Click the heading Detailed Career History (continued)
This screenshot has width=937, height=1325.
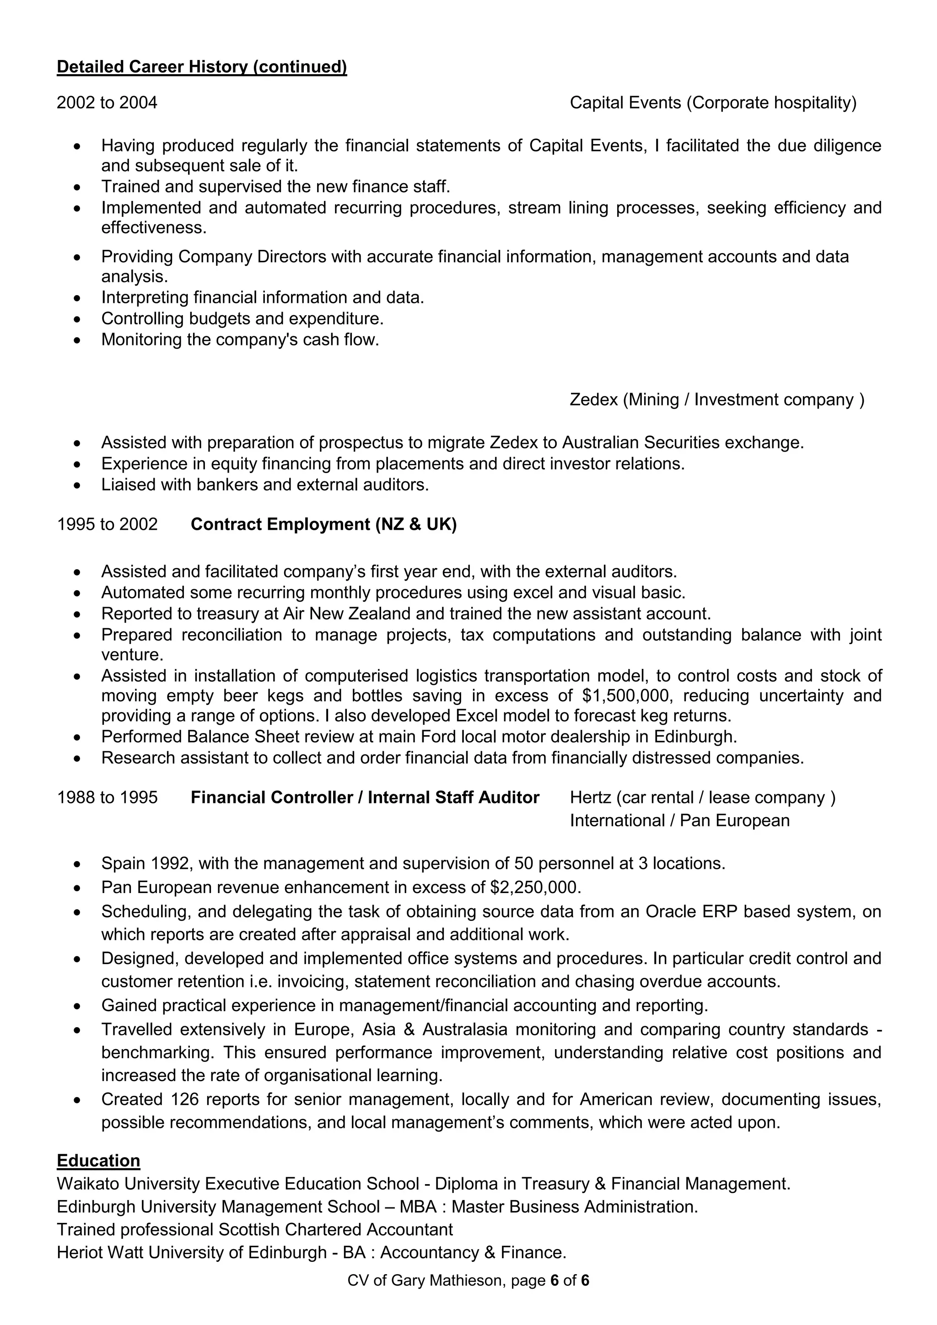(x=202, y=67)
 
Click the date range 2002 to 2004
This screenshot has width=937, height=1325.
(x=107, y=103)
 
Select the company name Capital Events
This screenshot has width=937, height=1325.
(x=625, y=103)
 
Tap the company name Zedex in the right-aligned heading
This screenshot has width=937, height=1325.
(x=594, y=399)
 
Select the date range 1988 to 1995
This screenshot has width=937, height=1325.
(x=107, y=797)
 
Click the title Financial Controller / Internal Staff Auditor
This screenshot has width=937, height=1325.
(x=365, y=797)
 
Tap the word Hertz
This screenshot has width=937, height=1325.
(x=590, y=797)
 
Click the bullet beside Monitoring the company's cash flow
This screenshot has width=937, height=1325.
(x=77, y=340)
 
